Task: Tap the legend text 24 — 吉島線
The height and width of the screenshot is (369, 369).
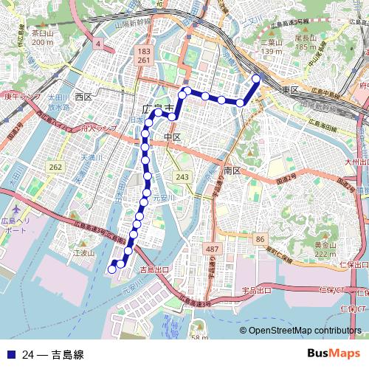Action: pos(52,355)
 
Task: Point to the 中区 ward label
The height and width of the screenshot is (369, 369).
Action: pos(172,138)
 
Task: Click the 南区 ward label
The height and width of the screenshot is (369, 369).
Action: pos(232,170)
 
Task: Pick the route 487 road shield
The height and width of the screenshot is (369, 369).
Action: pos(213,249)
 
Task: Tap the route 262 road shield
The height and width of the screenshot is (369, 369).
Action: pos(56,168)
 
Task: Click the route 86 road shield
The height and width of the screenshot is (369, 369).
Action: pos(260,240)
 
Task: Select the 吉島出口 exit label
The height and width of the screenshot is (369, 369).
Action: pos(154,270)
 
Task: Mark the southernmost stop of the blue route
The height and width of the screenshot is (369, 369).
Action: pos(113,269)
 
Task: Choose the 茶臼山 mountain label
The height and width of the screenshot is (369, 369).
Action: pos(43,34)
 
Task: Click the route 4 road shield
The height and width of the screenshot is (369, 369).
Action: pos(97,44)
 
